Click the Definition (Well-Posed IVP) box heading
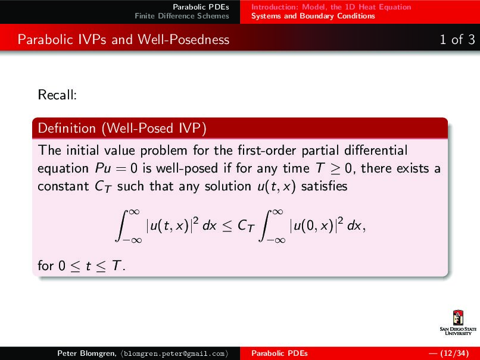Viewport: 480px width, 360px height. click(x=122, y=128)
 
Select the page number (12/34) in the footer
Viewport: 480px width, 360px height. click(x=451, y=353)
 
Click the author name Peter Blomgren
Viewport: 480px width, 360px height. click(x=82, y=353)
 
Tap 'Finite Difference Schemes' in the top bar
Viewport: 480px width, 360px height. click(x=182, y=16)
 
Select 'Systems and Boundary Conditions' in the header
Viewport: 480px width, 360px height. click(x=313, y=16)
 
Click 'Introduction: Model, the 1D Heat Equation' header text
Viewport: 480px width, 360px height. click(x=331, y=7)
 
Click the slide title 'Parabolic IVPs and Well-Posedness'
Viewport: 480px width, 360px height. click(x=123, y=40)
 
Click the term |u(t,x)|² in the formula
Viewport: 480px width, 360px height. click(x=173, y=225)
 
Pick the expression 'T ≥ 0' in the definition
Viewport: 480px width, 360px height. click(x=328, y=168)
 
